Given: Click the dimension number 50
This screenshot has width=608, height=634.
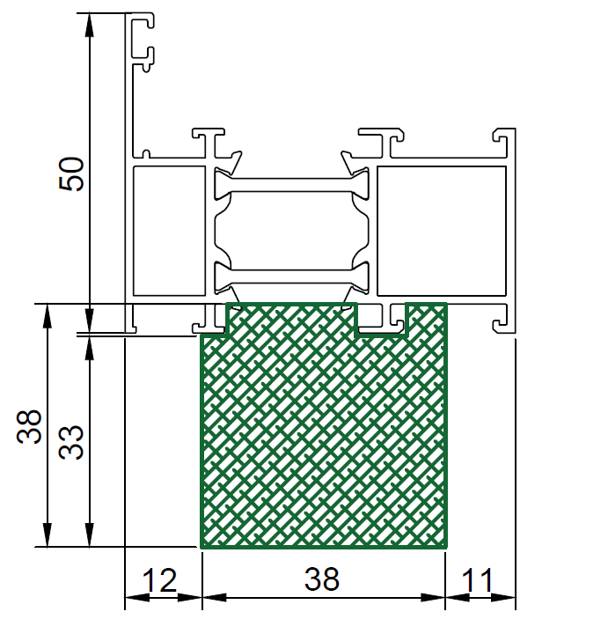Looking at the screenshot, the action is (71, 173).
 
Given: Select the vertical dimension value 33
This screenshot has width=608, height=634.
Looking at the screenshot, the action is (71, 442).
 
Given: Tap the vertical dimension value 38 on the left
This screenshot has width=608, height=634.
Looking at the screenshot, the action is (30, 426).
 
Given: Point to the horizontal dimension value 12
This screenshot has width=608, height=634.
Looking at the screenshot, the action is (160, 580).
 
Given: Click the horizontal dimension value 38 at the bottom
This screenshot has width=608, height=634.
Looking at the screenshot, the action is (322, 579).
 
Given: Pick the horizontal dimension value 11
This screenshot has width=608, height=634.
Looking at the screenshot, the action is (478, 580).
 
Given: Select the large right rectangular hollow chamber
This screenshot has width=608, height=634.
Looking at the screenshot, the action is (442, 231).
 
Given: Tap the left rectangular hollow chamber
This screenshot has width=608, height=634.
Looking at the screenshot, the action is (169, 231).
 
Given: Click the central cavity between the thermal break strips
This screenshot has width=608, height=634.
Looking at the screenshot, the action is (291, 231).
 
